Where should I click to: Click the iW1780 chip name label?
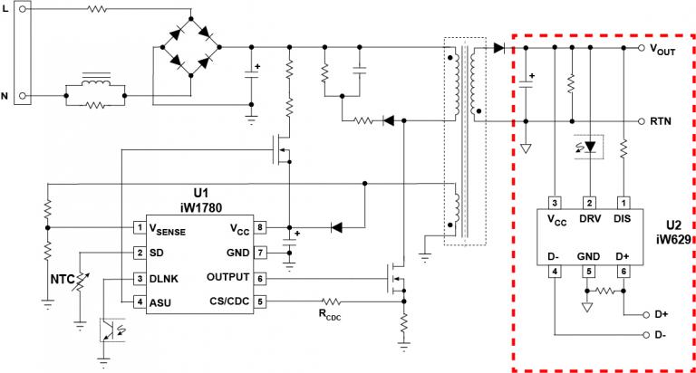click(201, 207)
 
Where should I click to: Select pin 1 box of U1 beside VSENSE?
click(140, 227)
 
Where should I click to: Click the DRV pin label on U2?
click(590, 218)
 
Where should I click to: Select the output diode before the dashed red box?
click(499, 48)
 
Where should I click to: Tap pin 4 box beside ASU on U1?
click(140, 301)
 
